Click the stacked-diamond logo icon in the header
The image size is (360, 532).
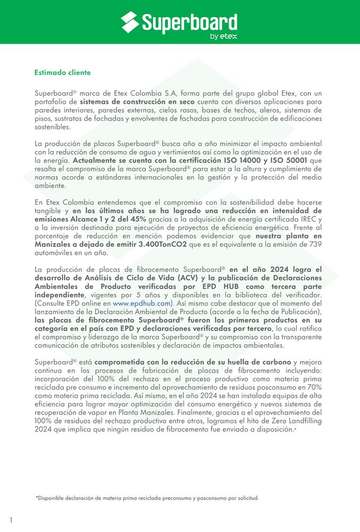tap(130, 22)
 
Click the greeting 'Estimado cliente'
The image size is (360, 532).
tap(62, 72)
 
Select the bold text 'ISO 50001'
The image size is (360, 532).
tap(290, 160)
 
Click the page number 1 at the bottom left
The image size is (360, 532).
tap(11, 520)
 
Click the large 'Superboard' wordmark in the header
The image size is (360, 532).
tap(189, 22)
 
